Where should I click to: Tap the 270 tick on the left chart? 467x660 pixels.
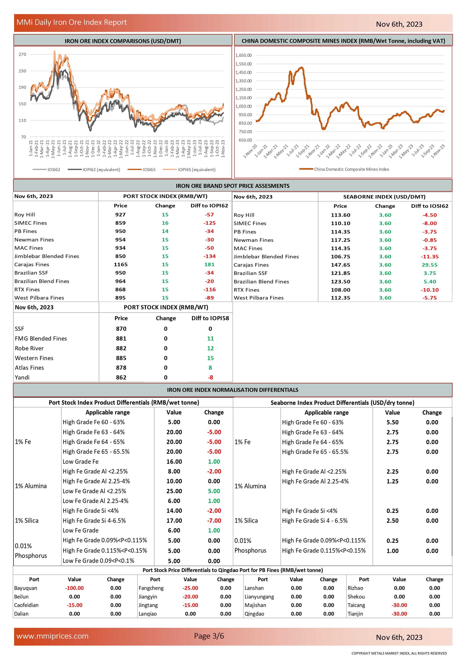point(22,54)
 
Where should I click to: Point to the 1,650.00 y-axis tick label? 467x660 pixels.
point(243,55)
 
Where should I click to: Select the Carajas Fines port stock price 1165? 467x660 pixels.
point(120,264)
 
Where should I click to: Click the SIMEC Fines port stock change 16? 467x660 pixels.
point(165,223)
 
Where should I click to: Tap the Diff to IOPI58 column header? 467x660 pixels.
point(210,318)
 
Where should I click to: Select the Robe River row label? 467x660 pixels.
point(29,348)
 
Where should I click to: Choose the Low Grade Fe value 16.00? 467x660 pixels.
point(174,462)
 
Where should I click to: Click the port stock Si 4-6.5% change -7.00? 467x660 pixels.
point(214,521)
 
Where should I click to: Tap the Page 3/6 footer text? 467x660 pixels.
point(209,636)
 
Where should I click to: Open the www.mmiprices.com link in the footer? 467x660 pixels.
point(52,636)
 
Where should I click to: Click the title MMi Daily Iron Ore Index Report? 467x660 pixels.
point(72,22)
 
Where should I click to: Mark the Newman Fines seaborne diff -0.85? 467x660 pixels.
point(429,240)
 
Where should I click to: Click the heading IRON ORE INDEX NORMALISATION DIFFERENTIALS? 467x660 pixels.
point(232,390)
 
